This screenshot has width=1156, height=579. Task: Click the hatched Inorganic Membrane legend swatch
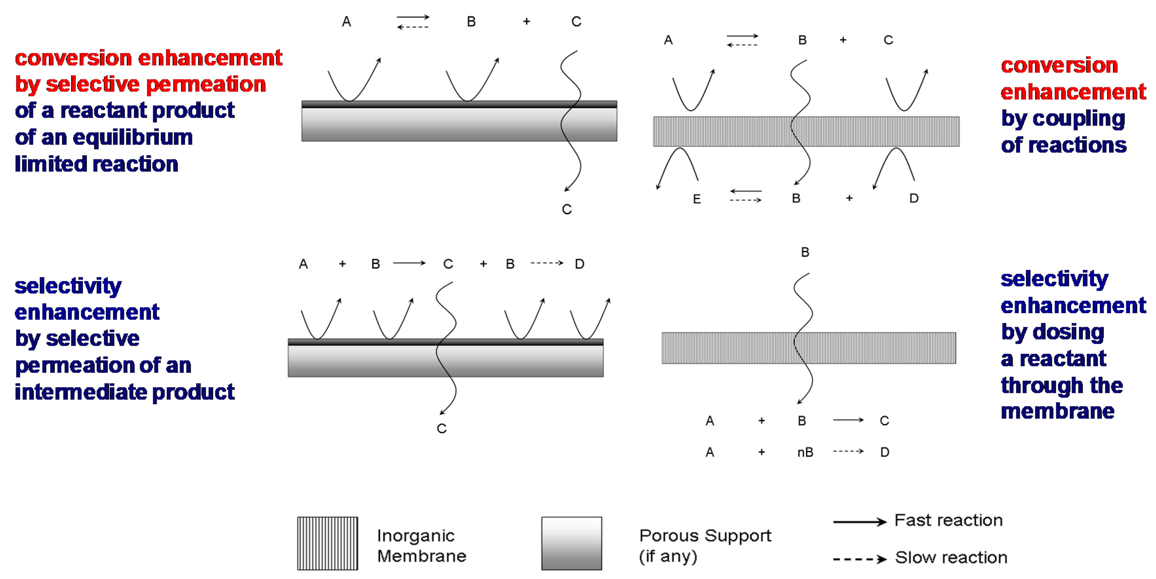click(x=327, y=543)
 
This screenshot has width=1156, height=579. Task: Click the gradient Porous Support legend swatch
click(x=571, y=543)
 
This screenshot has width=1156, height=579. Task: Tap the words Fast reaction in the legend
click(x=948, y=520)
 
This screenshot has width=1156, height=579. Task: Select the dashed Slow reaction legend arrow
click(x=859, y=559)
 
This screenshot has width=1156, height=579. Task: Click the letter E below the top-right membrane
click(x=697, y=199)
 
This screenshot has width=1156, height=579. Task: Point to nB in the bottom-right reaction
click(x=805, y=452)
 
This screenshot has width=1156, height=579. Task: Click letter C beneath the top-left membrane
click(x=567, y=209)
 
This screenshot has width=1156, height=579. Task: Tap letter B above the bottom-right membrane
click(x=805, y=252)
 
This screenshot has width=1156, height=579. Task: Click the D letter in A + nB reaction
click(x=884, y=452)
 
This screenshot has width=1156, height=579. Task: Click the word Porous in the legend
click(x=669, y=535)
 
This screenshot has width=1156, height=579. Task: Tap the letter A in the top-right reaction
click(x=668, y=40)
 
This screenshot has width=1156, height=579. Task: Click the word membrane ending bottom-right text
click(x=1057, y=411)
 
